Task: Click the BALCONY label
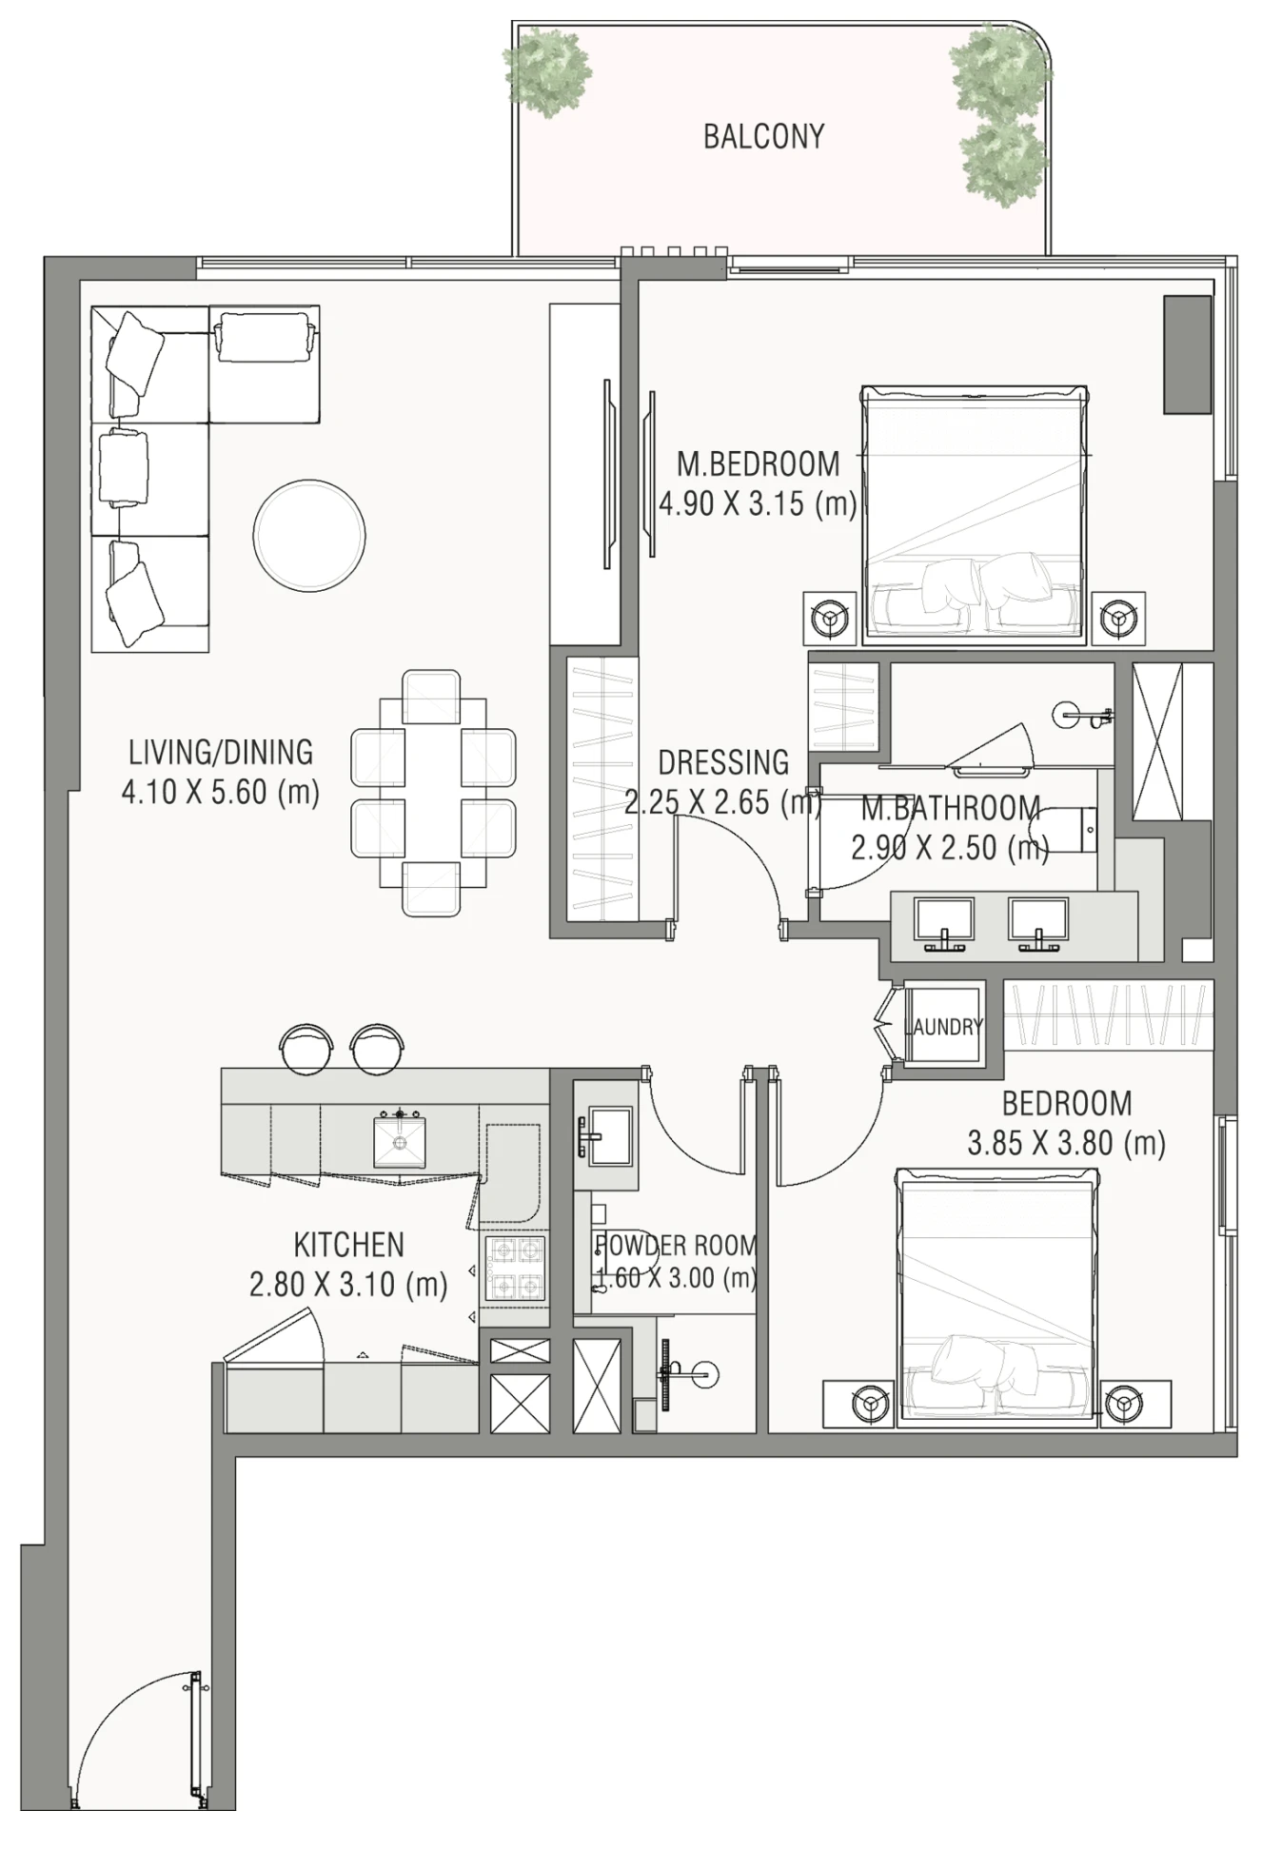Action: point(763,137)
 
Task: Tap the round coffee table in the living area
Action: point(309,534)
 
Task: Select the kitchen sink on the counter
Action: point(400,1140)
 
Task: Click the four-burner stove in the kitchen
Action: point(515,1269)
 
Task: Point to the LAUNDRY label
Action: point(942,1027)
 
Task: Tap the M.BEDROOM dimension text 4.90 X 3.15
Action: point(758,503)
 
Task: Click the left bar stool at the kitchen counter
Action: point(306,1047)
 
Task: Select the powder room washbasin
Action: point(602,1135)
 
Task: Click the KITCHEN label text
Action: point(348,1245)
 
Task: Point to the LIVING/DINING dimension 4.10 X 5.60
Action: point(220,792)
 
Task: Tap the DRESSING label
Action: point(723,762)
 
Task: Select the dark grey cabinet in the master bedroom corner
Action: point(1188,354)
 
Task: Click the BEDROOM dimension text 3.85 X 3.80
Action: point(1066,1143)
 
